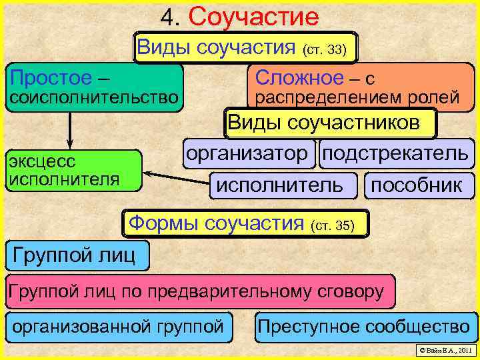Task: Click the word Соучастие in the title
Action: coord(254,17)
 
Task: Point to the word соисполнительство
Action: coord(92,98)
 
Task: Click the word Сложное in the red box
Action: coord(299,77)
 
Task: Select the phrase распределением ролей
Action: coord(358,98)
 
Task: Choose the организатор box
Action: coord(247,153)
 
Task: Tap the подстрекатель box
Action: coord(395,153)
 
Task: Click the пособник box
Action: coord(417,185)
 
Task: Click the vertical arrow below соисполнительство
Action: coord(69,130)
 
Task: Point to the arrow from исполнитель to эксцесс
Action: coord(177,178)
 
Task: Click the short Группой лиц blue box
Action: coord(76,255)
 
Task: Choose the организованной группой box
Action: coord(119,327)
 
